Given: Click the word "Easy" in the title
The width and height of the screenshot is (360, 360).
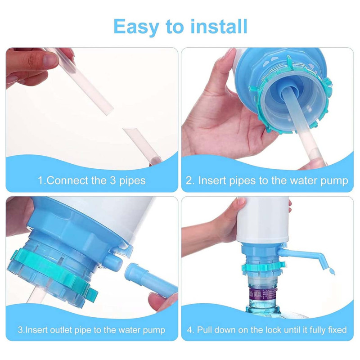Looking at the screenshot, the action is (x=136, y=27).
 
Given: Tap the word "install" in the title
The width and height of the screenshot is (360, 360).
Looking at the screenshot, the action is (x=219, y=27).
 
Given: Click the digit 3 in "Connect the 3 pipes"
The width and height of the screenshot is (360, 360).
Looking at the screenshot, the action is (x=113, y=180).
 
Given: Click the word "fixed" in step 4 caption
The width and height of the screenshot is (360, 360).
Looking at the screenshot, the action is (x=337, y=330).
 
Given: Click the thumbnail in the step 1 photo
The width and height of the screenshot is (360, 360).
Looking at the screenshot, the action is (x=51, y=60).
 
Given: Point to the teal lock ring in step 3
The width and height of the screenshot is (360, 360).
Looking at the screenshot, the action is (x=53, y=273).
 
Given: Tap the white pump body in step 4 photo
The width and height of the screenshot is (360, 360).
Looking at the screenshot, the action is (x=262, y=220).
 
